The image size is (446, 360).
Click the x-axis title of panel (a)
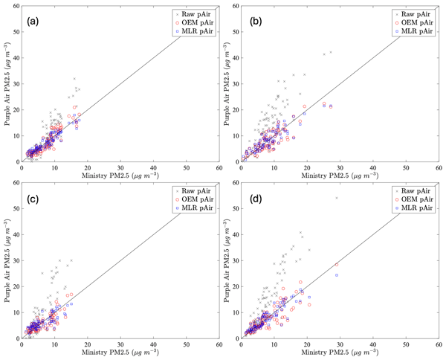point(120,174)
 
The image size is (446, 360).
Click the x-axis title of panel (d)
point(340,350)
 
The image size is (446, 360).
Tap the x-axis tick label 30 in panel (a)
point(120,167)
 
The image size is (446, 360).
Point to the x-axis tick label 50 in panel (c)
point(187,344)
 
